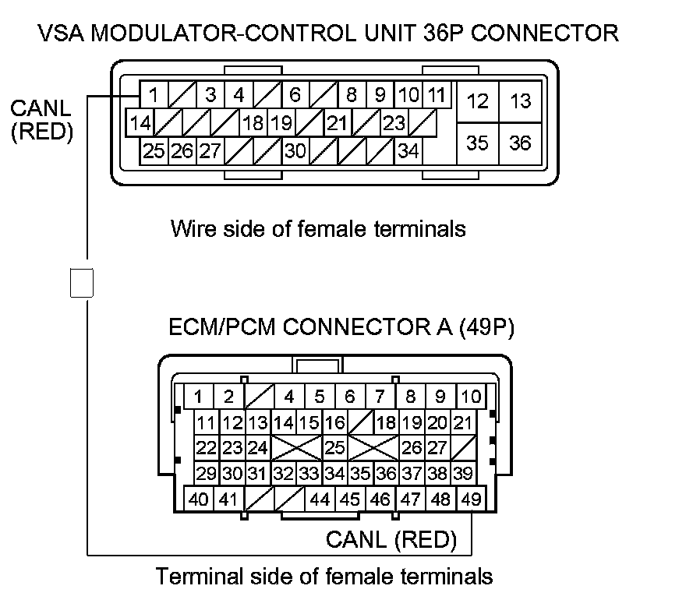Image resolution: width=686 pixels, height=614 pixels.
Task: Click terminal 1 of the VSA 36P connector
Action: click(x=154, y=96)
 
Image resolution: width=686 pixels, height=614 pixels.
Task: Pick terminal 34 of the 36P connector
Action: click(x=408, y=150)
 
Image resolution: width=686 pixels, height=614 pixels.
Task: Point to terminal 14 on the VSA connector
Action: click(x=140, y=123)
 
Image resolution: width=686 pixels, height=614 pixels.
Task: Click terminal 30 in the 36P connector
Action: click(x=295, y=150)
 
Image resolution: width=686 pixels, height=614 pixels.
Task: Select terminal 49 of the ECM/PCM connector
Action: click(x=470, y=499)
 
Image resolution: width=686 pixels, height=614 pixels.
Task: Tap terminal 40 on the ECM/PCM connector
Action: click(x=199, y=499)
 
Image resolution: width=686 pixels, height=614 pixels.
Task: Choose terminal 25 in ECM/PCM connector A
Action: click(x=334, y=448)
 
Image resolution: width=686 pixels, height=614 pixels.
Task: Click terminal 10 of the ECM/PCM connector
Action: click(x=470, y=396)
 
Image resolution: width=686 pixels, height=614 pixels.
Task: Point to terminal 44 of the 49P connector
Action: click(x=320, y=499)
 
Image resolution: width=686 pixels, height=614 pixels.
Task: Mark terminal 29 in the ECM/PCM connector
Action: click(x=206, y=473)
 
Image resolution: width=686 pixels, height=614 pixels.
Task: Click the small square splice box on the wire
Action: click(x=82, y=282)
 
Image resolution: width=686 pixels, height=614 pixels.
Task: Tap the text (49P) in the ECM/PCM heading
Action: click(x=485, y=327)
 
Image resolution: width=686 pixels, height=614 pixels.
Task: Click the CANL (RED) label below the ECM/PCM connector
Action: click(x=391, y=538)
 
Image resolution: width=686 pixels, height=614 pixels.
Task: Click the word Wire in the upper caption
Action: click(x=189, y=229)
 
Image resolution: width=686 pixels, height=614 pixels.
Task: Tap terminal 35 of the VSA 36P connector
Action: click(x=477, y=143)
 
